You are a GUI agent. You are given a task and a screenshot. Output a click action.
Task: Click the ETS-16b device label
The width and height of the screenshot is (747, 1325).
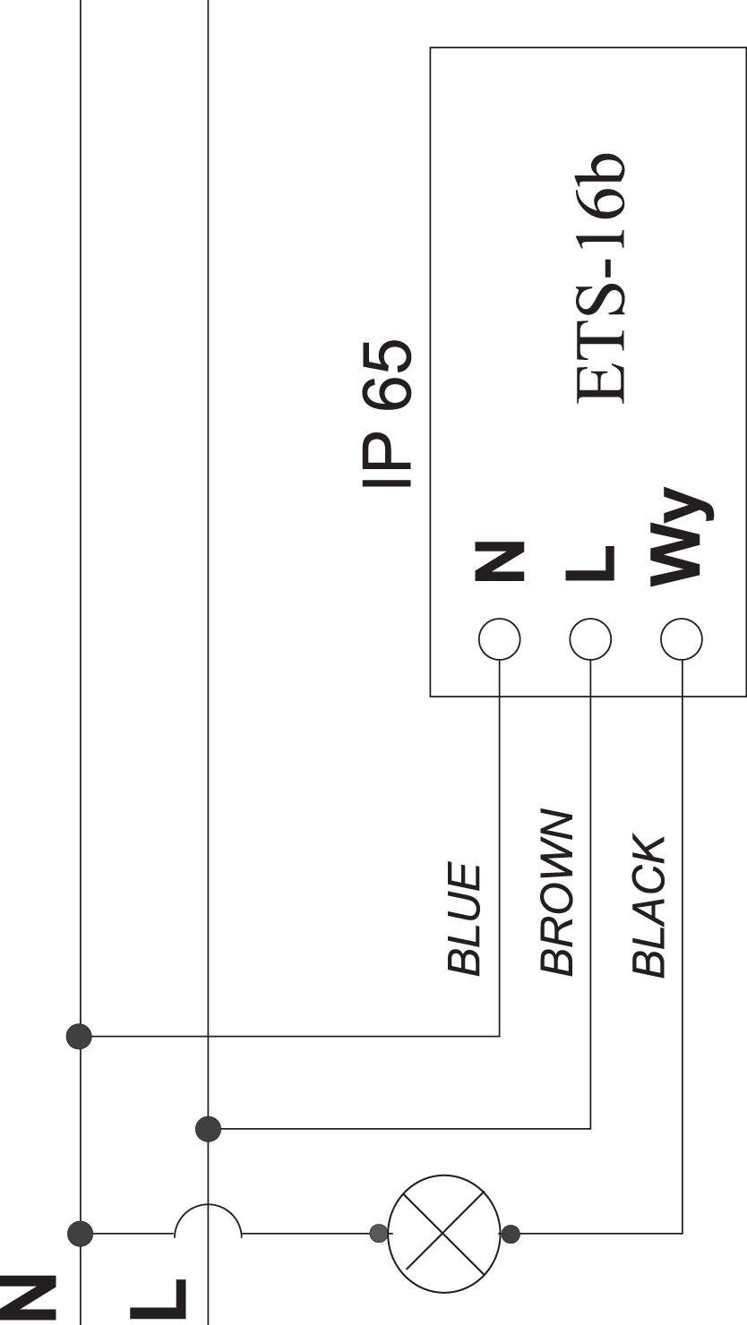point(600,279)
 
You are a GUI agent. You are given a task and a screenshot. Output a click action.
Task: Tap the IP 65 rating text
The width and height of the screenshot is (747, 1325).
point(387,414)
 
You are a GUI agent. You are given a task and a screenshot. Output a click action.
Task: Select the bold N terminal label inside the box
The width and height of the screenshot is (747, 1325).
point(499,560)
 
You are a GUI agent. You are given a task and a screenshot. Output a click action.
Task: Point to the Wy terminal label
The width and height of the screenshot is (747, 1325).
point(681,537)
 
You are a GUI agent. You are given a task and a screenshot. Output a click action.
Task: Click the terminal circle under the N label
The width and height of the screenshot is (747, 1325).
point(500,639)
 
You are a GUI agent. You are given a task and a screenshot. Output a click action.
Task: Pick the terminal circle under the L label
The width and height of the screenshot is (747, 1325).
point(591,639)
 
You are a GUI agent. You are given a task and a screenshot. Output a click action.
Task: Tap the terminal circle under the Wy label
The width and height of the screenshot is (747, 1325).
point(682,639)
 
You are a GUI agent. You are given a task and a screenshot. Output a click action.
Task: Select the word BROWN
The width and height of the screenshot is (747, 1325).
point(556,892)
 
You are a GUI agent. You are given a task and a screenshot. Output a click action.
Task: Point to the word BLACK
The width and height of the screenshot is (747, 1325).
point(648,905)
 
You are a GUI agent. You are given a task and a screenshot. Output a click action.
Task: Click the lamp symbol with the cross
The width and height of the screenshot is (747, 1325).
point(444,1234)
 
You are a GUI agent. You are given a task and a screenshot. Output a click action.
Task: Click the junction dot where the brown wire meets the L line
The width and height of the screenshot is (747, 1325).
point(209,1129)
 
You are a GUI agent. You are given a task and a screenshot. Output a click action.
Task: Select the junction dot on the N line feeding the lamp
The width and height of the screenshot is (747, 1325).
point(80,1234)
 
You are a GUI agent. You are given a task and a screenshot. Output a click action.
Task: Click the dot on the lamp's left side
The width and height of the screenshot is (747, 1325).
point(379,1234)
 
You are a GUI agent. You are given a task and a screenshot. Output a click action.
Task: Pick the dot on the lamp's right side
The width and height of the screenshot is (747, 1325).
point(511,1234)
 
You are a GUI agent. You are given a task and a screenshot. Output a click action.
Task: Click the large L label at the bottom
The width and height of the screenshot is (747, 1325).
point(159,1302)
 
